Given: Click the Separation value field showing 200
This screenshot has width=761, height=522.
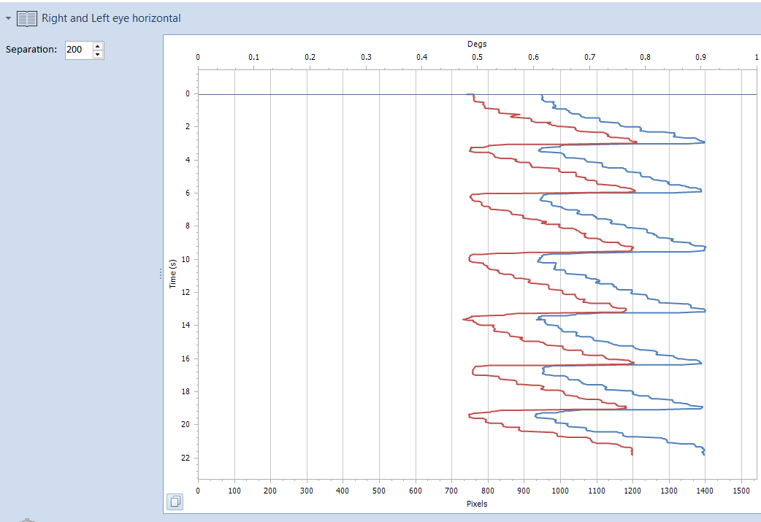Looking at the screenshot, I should click(x=77, y=50).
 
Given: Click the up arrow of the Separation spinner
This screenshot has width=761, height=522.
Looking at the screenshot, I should click(x=98, y=46).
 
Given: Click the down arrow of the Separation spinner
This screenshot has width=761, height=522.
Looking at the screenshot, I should click(x=98, y=54).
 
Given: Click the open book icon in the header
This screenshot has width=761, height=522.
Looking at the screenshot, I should click(x=27, y=18).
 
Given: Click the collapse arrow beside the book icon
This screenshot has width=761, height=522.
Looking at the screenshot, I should click(x=8, y=18).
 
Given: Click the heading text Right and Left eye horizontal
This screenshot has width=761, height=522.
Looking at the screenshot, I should click(x=111, y=18).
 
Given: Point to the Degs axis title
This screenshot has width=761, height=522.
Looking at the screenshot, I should click(x=477, y=44).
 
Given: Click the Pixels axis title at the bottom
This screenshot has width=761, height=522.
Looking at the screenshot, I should click(x=477, y=504).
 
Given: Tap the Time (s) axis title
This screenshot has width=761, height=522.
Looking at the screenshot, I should click(x=173, y=273).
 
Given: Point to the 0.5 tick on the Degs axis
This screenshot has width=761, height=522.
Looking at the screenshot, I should click(x=477, y=57).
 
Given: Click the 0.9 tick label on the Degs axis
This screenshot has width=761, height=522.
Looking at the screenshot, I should click(x=700, y=57).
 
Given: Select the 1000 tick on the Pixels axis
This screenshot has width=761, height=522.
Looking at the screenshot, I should click(x=560, y=491).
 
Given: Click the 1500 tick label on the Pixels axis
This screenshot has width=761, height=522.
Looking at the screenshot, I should click(x=741, y=491).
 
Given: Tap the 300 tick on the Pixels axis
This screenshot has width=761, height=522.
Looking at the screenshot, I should click(x=307, y=491).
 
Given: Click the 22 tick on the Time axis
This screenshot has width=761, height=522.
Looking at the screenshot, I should click(x=186, y=458).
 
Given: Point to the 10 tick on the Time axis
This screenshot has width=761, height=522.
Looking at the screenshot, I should click(x=186, y=259).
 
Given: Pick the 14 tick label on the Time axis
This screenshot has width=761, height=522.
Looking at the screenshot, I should click(x=186, y=325).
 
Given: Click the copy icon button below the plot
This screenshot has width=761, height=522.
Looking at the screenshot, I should click(x=175, y=502).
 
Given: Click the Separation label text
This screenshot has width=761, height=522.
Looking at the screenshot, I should click(x=31, y=50).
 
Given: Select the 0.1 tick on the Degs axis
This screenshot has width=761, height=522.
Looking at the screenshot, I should click(x=253, y=57).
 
